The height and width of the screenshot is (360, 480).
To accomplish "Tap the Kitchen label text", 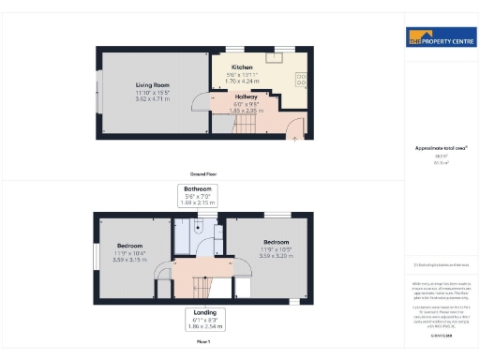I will click(242, 67).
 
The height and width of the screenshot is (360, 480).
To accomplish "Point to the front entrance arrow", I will click(296, 139).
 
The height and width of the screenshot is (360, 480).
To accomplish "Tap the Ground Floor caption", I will click(203, 173).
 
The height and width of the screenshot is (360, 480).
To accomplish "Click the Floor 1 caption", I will click(203, 341).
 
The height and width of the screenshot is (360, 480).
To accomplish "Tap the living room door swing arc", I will click(201, 104).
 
